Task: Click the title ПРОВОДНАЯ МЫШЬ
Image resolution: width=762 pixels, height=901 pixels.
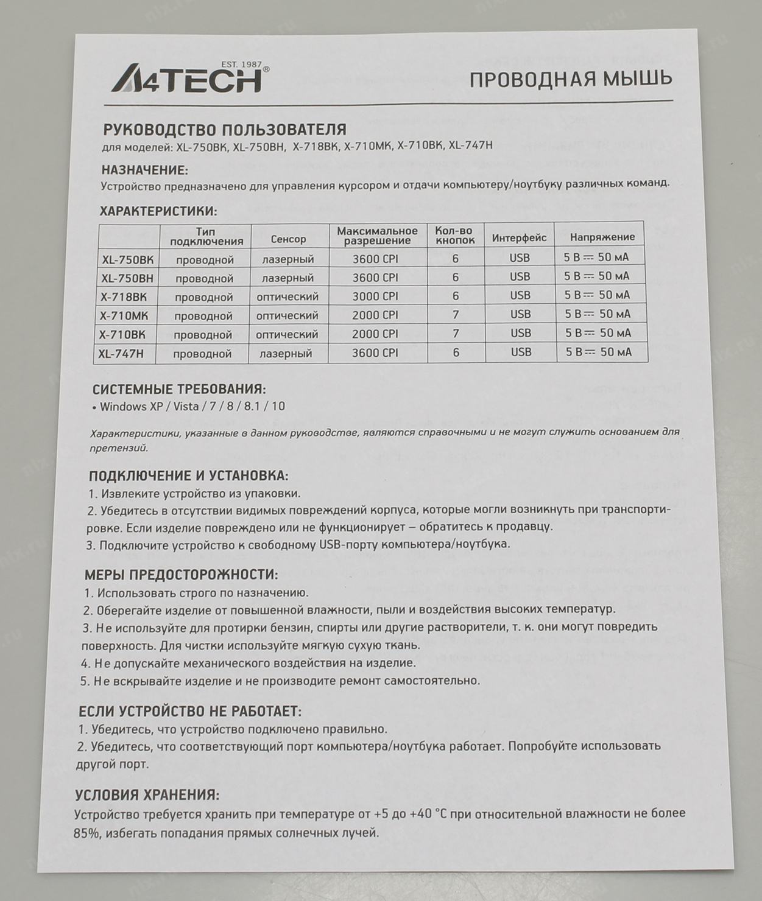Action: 570,79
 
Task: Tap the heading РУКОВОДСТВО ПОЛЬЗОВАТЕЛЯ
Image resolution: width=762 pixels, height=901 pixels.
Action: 224,130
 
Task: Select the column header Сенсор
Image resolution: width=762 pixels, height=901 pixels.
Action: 288,239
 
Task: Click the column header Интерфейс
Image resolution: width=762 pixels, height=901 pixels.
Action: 519,238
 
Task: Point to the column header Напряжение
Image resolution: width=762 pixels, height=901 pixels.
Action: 602,237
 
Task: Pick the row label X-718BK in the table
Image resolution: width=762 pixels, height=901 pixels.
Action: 124,297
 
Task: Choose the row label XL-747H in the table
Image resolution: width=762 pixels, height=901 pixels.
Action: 121,354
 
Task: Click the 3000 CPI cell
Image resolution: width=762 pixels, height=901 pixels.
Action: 375,296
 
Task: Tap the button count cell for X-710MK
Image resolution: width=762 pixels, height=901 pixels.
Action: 455,315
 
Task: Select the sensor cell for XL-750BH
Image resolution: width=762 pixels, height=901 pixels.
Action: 288,278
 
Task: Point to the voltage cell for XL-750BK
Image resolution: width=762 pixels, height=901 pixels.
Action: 596,257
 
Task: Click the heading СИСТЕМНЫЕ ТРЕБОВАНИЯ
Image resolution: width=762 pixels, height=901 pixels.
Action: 179,390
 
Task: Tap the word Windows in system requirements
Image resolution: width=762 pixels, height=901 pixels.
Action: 123,406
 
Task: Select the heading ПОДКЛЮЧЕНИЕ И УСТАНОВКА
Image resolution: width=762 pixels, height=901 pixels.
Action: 188,476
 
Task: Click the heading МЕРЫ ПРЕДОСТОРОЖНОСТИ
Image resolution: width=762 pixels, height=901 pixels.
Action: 181,575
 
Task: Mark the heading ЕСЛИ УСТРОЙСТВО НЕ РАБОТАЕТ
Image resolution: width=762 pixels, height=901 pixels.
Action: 189,711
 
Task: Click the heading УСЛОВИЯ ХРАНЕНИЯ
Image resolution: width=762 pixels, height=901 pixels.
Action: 147,795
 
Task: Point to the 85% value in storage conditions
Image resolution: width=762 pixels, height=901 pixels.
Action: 86,833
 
